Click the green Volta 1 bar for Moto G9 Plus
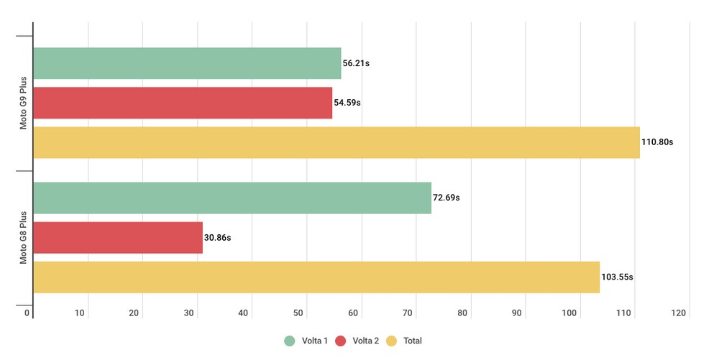click(187, 63)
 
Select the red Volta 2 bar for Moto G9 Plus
click(183, 103)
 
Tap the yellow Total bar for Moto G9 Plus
click(336, 142)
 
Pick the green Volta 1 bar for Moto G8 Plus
click(232, 198)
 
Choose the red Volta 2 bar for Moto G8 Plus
click(118, 237)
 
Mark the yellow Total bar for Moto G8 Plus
click(316, 277)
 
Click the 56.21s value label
click(356, 63)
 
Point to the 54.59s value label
click(347, 103)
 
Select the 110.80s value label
click(657, 142)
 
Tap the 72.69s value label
click(446, 198)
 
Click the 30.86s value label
click(218, 237)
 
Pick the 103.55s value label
click(617, 277)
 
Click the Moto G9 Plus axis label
click(24, 103)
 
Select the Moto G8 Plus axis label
click(24, 238)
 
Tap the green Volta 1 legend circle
click(289, 341)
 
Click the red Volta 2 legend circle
click(341, 341)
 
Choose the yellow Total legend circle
click(392, 341)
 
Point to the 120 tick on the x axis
click(679, 313)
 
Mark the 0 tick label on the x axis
click(27, 313)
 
